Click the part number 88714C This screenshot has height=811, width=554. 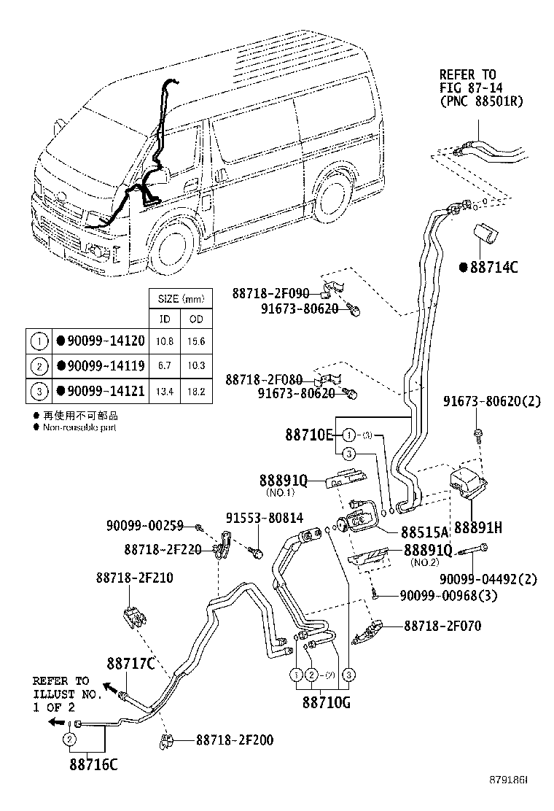click(492, 268)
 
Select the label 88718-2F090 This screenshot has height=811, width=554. click(271, 293)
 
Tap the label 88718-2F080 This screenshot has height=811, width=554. click(263, 380)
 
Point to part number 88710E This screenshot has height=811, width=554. click(308, 435)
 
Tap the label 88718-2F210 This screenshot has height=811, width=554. click(134, 577)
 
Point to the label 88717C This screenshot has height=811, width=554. click(131, 663)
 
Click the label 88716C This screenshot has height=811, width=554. click(93, 764)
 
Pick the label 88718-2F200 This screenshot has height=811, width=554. click(235, 740)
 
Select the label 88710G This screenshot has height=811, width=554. click(327, 704)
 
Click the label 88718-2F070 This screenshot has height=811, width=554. click(442, 626)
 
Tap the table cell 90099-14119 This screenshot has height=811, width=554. click(106, 365)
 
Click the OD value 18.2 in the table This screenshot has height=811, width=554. click(197, 392)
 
